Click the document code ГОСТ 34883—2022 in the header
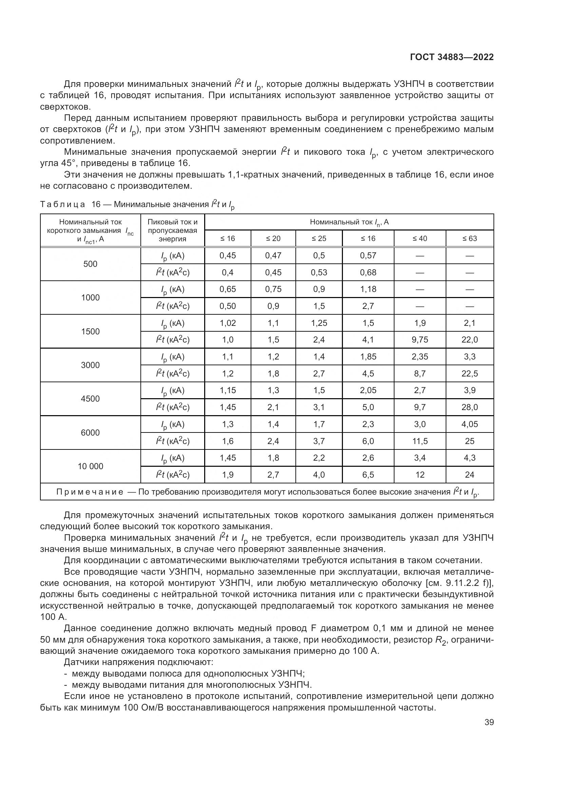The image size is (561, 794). [x=451, y=57]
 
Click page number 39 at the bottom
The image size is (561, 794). [x=489, y=722]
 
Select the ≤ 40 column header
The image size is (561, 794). [x=420, y=239]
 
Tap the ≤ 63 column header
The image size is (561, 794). [x=469, y=239]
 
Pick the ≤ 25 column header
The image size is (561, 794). [x=319, y=239]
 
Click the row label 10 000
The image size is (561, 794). [x=91, y=466]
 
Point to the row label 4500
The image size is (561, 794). [x=91, y=399]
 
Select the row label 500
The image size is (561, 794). [x=91, y=264]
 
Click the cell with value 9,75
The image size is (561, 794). [x=420, y=340]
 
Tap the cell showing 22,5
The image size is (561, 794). [x=469, y=373]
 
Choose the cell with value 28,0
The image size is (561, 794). [x=469, y=407]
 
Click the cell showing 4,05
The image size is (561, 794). [x=469, y=424]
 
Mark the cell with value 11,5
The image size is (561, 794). [x=420, y=441]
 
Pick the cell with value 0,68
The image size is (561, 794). [x=368, y=273]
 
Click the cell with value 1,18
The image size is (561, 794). [x=368, y=289]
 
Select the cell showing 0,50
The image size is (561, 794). [x=228, y=306]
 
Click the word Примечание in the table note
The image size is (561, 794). [x=90, y=492]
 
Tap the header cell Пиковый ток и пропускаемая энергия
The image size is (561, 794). [x=172, y=230]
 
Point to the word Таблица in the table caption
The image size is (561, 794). [x=62, y=204]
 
